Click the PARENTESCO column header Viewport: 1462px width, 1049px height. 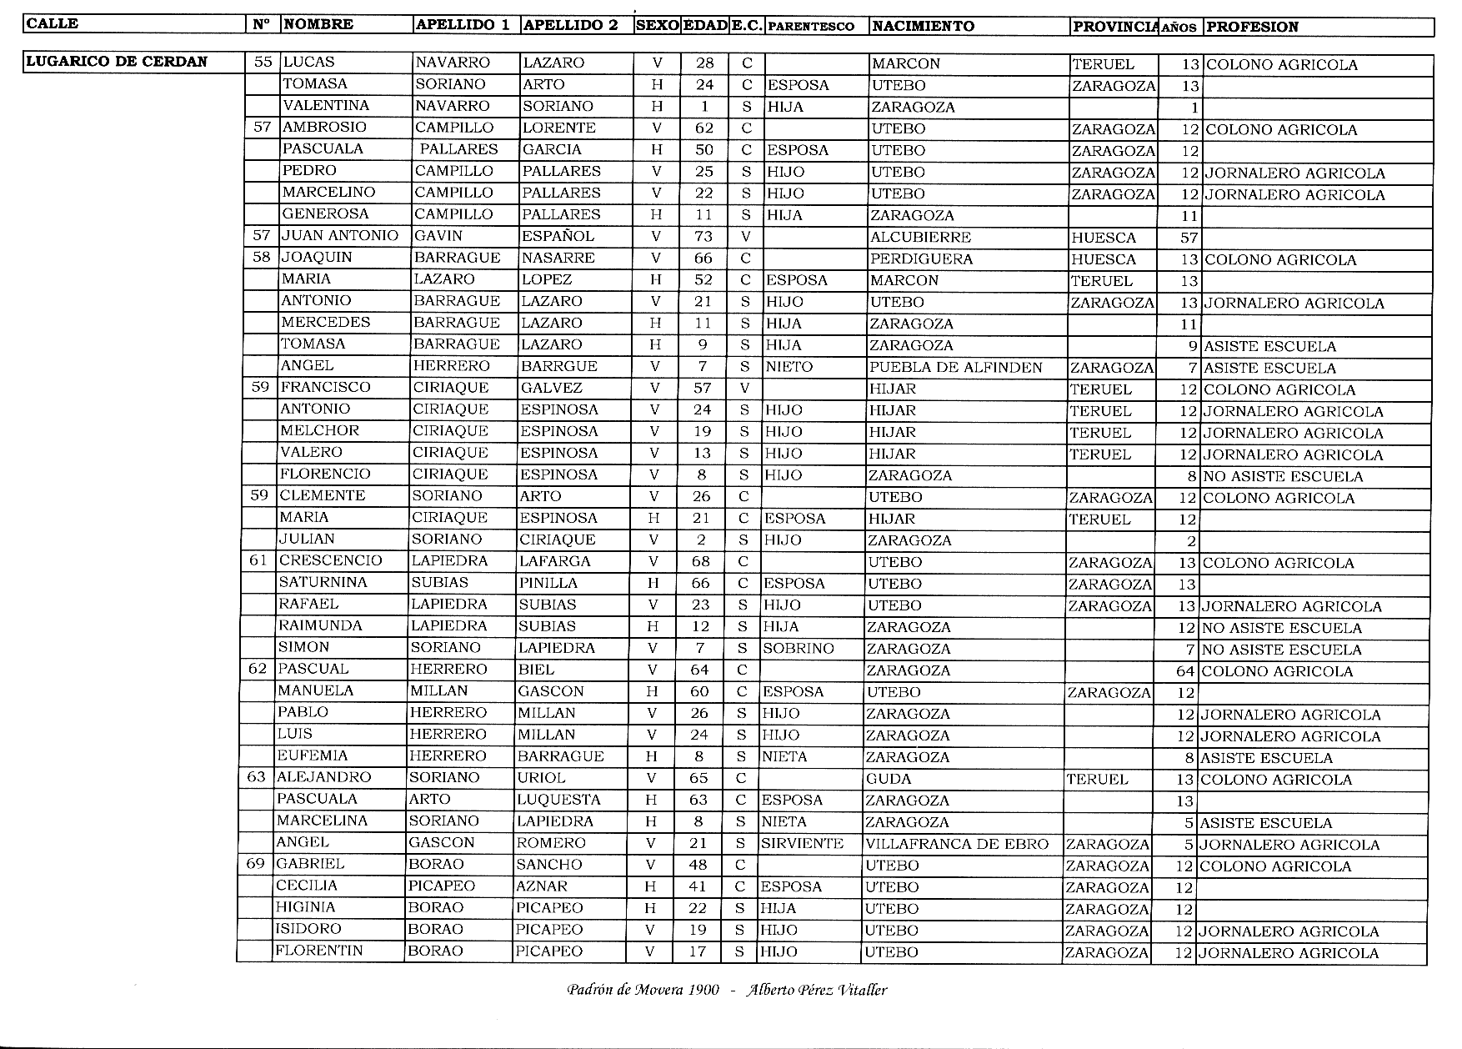click(x=810, y=27)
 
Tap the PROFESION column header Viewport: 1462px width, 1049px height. click(x=1252, y=27)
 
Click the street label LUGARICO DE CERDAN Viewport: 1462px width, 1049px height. click(x=117, y=62)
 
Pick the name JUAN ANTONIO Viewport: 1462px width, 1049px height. click(x=340, y=236)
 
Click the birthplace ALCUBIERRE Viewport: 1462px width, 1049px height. click(x=920, y=238)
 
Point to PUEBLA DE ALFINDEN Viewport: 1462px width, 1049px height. click(x=955, y=368)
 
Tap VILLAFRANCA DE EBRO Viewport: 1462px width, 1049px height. click(x=957, y=844)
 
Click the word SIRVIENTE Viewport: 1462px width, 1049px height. click(x=802, y=844)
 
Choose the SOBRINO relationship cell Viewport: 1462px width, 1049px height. click(x=798, y=649)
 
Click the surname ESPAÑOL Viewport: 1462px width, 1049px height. click(x=558, y=237)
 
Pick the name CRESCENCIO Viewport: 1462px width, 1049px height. click(x=330, y=561)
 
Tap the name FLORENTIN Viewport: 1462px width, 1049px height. click(x=319, y=951)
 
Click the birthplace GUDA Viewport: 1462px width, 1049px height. click(x=889, y=779)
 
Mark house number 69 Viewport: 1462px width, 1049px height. click(x=255, y=864)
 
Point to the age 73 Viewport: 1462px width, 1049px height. click(x=703, y=237)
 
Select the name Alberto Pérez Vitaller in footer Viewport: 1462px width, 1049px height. click(x=817, y=991)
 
